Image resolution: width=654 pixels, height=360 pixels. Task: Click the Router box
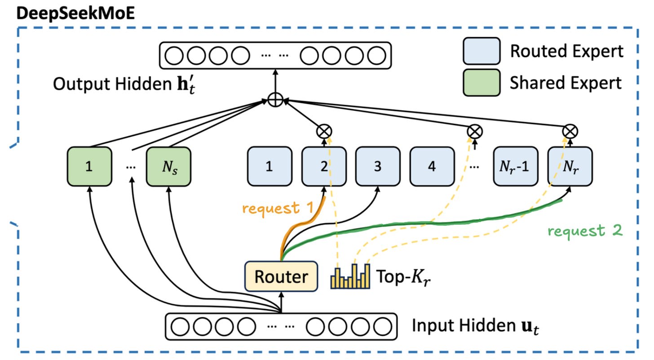[281, 276]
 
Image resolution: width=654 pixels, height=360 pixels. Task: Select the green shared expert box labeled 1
[89, 166]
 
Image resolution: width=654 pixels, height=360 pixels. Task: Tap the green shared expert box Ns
[168, 166]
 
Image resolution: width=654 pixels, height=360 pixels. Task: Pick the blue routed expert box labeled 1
[270, 166]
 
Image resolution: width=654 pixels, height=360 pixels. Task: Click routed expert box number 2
[324, 166]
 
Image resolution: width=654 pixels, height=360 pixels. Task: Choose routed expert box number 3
[378, 166]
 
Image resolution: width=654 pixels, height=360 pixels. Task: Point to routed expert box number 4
[432, 166]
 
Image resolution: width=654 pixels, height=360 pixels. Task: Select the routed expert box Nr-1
[516, 166]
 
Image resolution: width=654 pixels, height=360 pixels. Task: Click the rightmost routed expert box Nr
[570, 166]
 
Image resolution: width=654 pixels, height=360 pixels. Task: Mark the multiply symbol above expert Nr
[570, 131]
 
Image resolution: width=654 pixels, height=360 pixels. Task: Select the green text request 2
[585, 231]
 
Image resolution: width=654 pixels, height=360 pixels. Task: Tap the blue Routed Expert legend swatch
[482, 51]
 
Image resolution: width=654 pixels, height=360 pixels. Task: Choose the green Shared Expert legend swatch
[482, 82]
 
